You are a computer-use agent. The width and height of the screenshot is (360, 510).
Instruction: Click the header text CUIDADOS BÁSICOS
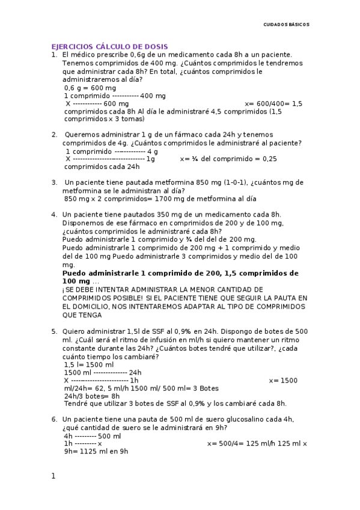tap(287, 25)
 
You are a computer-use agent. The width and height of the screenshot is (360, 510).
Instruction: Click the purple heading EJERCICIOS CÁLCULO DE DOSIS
tap(109, 46)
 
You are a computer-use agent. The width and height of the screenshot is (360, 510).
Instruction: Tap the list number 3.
tap(54, 182)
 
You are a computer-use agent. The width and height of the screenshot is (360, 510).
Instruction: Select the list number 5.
tap(54, 331)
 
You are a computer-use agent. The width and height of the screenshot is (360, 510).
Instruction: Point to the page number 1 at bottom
tap(53, 476)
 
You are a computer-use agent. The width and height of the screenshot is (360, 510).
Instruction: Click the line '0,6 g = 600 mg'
tap(90, 87)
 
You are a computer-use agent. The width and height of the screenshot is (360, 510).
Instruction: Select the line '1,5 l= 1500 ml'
tap(89, 364)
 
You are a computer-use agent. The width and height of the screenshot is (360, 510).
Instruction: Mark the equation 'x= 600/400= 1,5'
tap(274, 103)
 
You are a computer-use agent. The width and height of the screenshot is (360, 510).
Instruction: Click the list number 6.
tap(54, 419)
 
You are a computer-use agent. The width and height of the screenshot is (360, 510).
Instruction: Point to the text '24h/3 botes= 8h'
tap(92, 396)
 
